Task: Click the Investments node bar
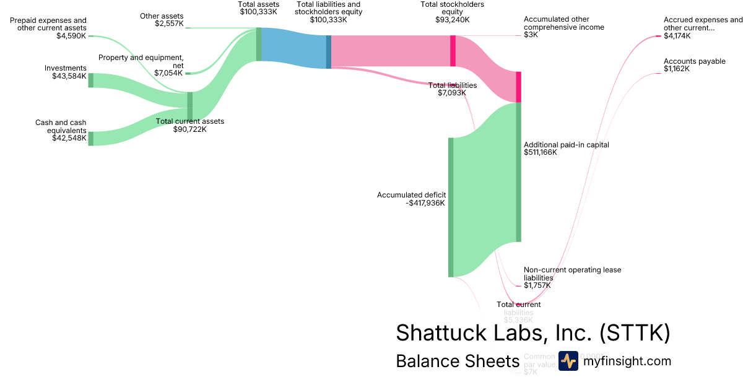(90, 80)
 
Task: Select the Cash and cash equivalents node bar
(90, 138)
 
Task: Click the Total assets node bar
(259, 44)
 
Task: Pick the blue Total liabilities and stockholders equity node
(329, 51)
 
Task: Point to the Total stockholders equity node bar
(453, 51)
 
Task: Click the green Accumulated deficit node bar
(451, 207)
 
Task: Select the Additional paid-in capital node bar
(519, 172)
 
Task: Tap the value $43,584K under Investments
(69, 76)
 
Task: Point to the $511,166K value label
(541, 152)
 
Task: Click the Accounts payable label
(694, 61)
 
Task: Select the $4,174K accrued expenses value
(677, 36)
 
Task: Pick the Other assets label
(161, 15)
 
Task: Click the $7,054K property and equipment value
(168, 72)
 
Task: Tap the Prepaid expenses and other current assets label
(48, 24)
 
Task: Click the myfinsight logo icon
(568, 361)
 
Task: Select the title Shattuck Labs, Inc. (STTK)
(532, 333)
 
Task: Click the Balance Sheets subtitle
(457, 362)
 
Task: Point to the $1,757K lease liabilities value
(537, 285)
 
